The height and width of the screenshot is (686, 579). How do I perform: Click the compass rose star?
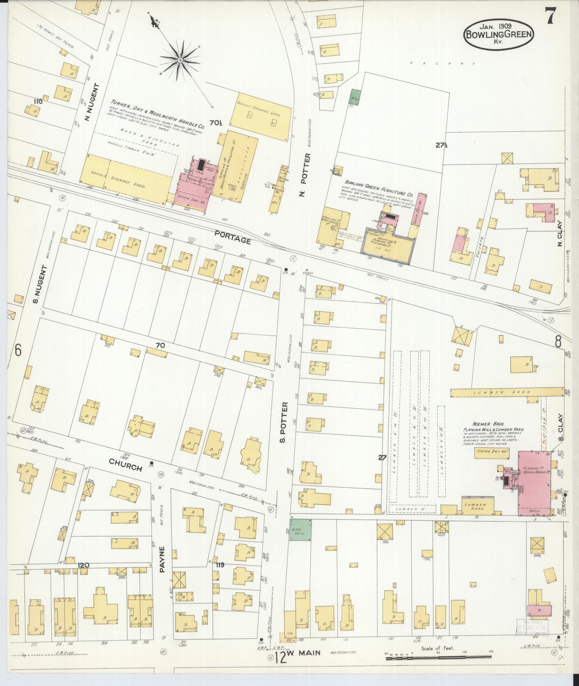tap(179, 60)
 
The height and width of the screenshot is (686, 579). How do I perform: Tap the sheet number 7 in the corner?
tap(551, 16)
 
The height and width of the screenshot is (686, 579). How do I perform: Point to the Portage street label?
tap(232, 238)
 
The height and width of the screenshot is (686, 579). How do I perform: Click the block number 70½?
tap(216, 123)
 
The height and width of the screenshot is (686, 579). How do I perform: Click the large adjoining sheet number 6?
tap(18, 350)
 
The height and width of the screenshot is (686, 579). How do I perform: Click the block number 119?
tap(220, 565)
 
